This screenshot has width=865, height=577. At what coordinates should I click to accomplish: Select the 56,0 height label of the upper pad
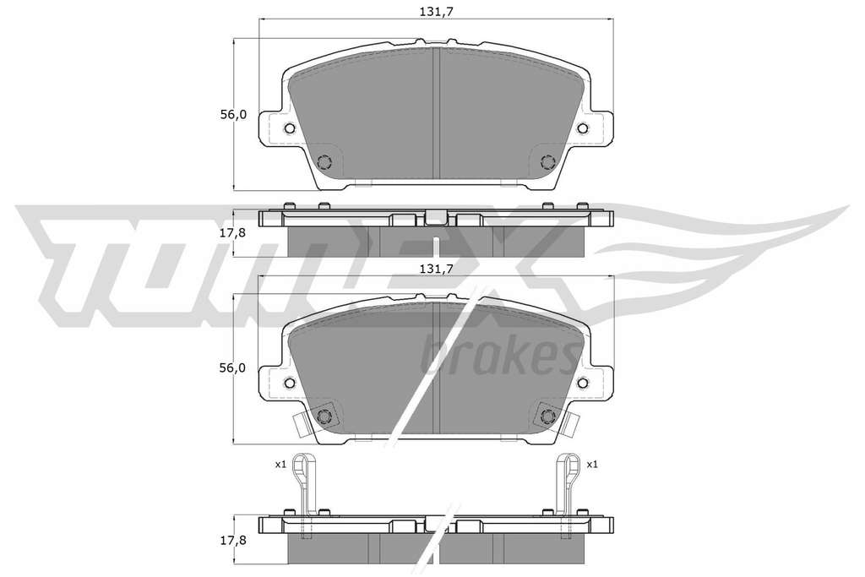(233, 115)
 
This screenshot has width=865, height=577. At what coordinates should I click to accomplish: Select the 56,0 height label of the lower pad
(233, 368)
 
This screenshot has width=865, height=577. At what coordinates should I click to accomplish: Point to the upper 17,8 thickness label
(233, 233)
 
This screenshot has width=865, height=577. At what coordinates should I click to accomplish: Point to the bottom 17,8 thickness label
(233, 541)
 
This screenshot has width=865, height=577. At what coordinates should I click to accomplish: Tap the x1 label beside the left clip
(280, 465)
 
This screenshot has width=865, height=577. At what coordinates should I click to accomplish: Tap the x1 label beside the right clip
(592, 465)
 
